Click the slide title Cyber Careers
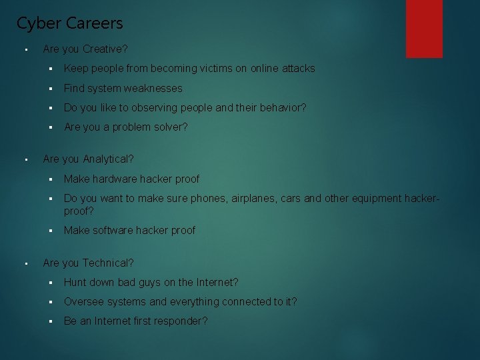[x=69, y=23]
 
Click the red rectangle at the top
[x=424, y=28]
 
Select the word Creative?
[x=105, y=49]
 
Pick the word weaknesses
[x=152, y=89]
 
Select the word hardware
[x=115, y=179]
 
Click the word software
[x=112, y=231]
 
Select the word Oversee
[x=83, y=302]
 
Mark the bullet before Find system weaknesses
[x=50, y=89]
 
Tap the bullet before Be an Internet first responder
[x=50, y=321]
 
